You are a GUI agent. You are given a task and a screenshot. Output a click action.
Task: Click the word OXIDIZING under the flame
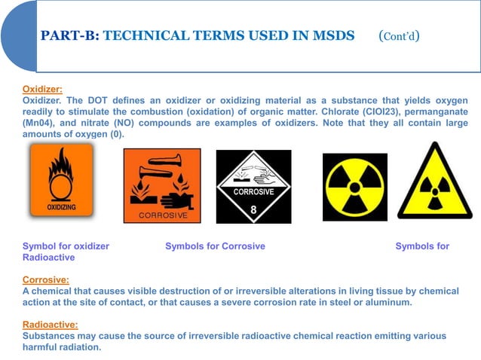(61, 206)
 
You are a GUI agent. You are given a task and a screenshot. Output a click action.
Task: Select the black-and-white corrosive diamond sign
(253, 187)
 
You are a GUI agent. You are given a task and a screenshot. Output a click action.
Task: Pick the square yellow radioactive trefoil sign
(354, 185)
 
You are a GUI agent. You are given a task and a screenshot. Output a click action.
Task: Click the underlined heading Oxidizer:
(42, 88)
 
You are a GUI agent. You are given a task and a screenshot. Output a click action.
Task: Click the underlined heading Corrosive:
(45, 279)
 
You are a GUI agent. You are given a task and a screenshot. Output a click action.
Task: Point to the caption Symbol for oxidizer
(66, 246)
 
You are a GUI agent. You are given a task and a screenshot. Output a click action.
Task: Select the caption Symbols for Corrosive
(215, 246)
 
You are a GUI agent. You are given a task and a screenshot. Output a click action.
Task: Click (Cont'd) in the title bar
(399, 35)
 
